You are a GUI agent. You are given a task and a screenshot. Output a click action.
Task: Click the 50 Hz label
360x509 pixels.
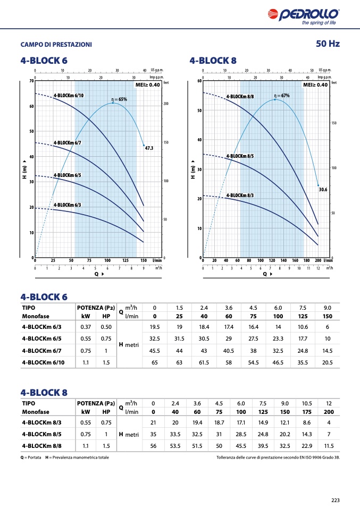(327, 44)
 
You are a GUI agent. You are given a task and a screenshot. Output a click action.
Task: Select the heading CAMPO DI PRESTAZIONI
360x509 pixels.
(56, 45)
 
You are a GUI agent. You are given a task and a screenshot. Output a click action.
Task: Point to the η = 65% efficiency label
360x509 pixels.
(119, 99)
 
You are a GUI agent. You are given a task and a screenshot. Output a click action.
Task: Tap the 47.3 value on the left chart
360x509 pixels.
(149, 148)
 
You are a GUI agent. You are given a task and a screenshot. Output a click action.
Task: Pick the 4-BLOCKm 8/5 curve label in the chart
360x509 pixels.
(240, 156)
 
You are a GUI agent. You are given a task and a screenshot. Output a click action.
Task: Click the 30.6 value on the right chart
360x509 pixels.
(322, 189)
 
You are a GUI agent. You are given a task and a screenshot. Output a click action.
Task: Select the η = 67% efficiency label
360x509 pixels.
(281, 96)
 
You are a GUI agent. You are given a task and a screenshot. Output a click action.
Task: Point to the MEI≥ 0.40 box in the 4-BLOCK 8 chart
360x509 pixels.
(315, 84)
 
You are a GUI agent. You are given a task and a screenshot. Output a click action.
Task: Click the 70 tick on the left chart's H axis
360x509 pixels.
(31, 81)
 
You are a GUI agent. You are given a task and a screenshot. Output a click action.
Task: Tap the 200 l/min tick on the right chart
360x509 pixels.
(318, 261)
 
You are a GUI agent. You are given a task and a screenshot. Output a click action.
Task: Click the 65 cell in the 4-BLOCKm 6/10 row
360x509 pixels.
(155, 363)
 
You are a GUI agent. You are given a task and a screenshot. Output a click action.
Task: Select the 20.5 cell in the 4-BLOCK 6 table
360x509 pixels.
(327, 363)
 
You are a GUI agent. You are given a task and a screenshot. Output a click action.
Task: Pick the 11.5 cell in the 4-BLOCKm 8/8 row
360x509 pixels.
(329, 446)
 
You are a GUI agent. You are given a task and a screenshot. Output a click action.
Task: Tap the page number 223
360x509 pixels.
(335, 499)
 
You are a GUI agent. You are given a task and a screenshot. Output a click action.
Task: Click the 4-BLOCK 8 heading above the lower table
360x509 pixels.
(44, 392)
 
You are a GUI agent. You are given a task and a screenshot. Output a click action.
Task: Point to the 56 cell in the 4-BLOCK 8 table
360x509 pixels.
(153, 446)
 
